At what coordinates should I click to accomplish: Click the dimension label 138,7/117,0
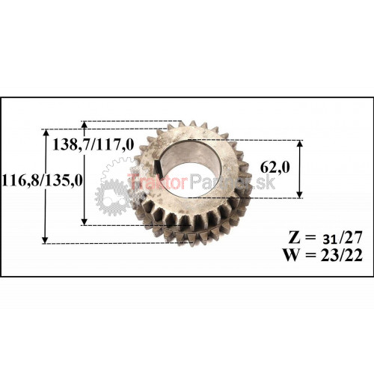point(93,144)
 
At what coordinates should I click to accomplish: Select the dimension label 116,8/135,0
point(42,180)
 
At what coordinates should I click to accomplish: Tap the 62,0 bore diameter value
point(275,167)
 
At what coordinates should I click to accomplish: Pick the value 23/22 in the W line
point(341,255)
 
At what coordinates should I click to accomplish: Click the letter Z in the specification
point(294,237)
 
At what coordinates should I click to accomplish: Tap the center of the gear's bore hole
point(189,168)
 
